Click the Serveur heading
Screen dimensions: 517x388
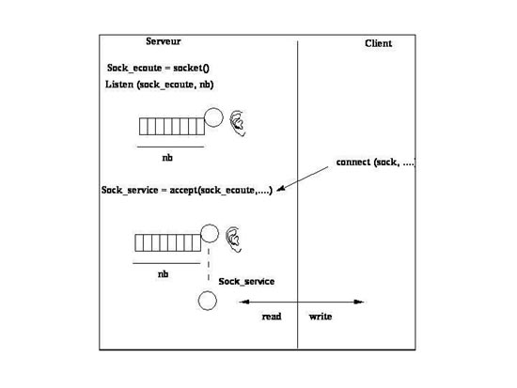coord(164,41)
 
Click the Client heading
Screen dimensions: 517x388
coord(378,43)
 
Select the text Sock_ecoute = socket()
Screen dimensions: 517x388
coord(158,69)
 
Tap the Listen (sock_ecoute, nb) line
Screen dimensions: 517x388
coord(160,85)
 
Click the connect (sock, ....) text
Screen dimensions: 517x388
coord(376,163)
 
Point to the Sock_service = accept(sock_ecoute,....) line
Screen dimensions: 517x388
coord(187,190)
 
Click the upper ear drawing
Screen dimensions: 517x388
coord(238,123)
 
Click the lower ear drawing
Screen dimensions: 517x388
coord(233,240)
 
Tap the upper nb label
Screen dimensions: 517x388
coord(167,158)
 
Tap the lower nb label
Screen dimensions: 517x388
coord(164,274)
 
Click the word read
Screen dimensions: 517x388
coord(272,317)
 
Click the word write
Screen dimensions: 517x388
coord(321,317)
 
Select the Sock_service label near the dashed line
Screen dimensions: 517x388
coord(246,282)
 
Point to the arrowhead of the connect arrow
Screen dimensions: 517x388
coord(279,190)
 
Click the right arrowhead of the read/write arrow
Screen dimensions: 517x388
coord(359,302)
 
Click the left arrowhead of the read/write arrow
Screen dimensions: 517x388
coord(243,302)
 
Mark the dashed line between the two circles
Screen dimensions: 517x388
coord(209,264)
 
